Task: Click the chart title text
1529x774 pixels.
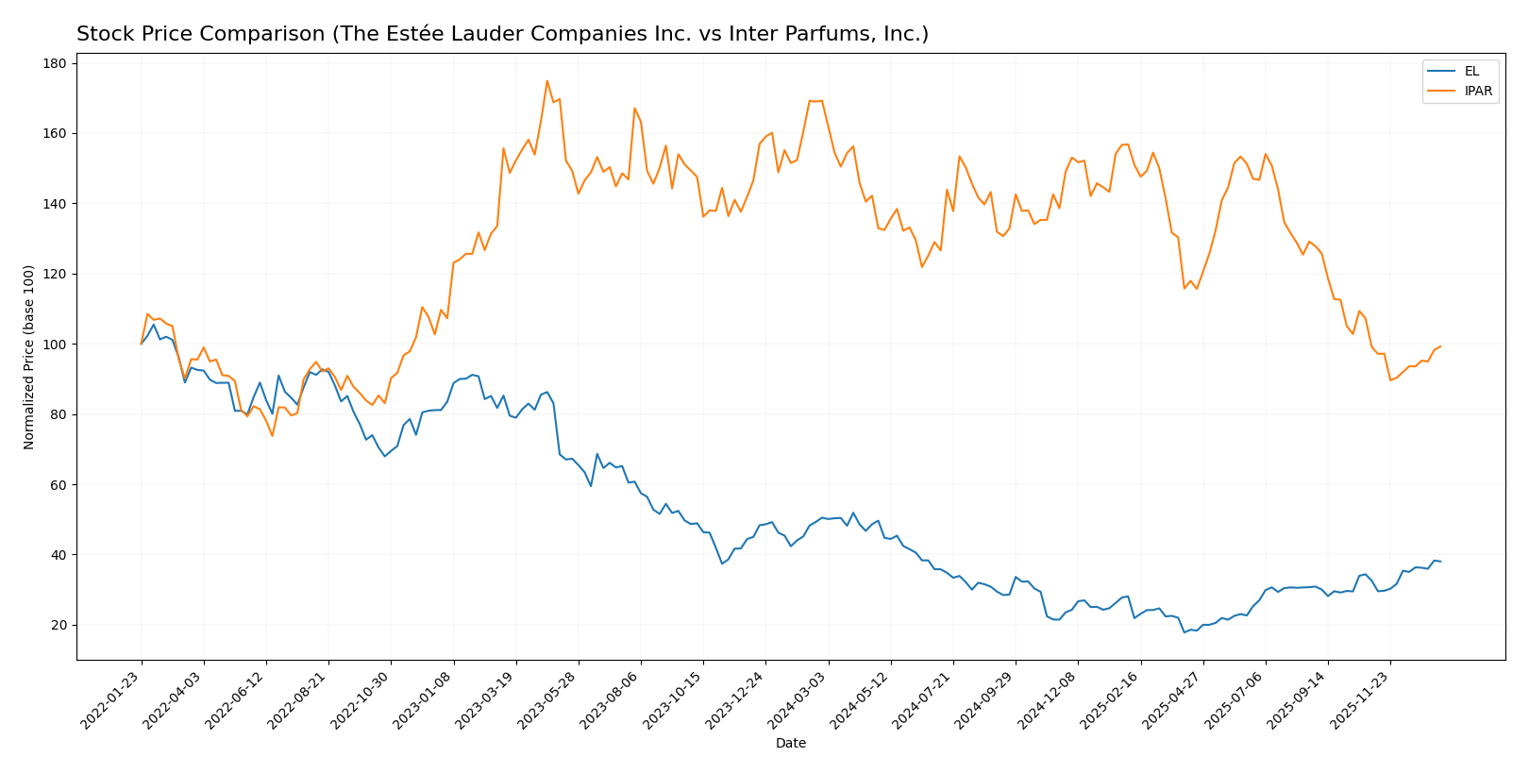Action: click(502, 35)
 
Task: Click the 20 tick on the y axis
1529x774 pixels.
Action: click(59, 625)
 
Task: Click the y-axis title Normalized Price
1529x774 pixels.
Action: click(29, 357)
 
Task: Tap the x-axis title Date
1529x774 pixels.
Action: click(791, 744)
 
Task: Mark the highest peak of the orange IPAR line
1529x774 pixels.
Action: click(547, 81)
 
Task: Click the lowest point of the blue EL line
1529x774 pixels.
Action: click(1185, 631)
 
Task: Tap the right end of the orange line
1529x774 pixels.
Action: click(1440, 346)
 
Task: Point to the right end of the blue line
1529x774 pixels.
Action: click(1440, 562)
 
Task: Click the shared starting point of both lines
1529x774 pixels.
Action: click(142, 344)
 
